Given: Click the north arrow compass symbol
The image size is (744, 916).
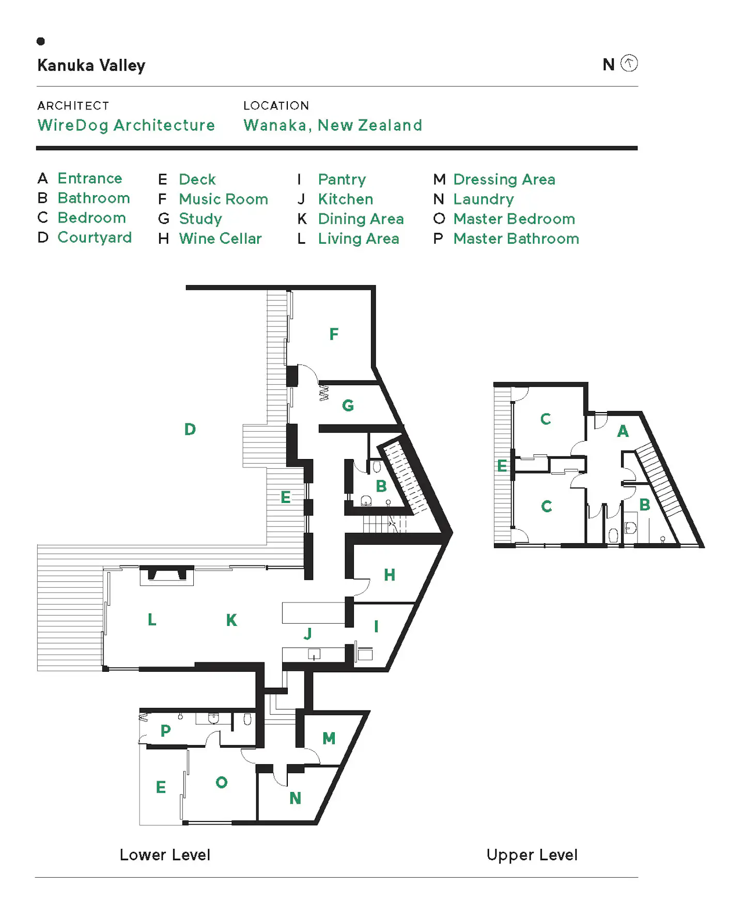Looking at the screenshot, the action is tap(629, 64).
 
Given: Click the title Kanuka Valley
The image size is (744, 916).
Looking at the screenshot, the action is tap(91, 66).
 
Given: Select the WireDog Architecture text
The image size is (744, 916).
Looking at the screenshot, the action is tap(126, 125).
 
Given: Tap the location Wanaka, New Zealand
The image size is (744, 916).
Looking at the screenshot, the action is tap(333, 125).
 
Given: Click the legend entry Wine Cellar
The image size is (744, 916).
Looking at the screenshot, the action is tap(220, 239).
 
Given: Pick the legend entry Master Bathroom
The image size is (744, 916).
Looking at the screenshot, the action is tap(516, 239).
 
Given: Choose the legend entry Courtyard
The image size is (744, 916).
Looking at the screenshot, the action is tap(95, 238).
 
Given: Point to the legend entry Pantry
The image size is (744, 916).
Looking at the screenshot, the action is tap(342, 180).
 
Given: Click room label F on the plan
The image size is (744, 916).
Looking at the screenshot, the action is tap(334, 334).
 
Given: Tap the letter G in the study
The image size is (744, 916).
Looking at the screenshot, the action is tap(348, 405).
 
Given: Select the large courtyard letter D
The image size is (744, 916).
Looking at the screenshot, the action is tap(190, 429).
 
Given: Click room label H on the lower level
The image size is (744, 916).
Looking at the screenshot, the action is tap(390, 575).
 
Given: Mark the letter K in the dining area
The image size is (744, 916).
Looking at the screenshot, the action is tap(231, 620).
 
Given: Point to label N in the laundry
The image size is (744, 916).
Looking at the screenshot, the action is tap(295, 798).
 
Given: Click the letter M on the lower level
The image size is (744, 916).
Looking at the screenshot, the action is tap(329, 738).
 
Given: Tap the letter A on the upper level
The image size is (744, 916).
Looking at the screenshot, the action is tap(623, 431).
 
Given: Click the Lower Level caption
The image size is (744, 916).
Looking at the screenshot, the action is tap(165, 855).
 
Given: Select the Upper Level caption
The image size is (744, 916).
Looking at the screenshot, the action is tap(532, 855).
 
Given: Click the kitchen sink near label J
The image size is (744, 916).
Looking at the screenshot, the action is tap(314, 655).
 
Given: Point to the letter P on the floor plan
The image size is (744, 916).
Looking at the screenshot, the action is tap(165, 731).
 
